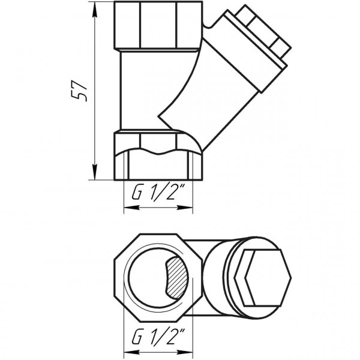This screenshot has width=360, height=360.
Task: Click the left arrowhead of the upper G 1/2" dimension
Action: (127, 208)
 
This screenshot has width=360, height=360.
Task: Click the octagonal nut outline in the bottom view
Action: (120, 252)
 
